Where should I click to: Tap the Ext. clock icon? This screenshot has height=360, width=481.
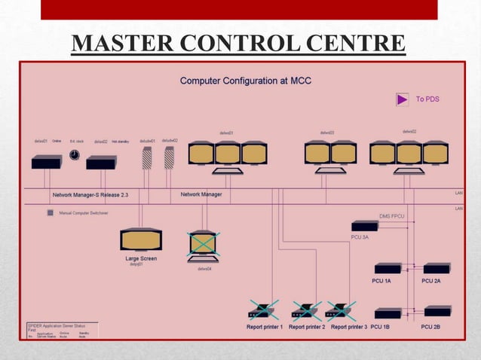point(74,154)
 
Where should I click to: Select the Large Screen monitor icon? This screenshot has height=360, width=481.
point(141,239)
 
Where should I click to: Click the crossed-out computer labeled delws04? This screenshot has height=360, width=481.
point(202,245)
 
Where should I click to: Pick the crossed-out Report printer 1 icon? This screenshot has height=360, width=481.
point(263,310)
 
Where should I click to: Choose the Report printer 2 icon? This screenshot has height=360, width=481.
point(306,310)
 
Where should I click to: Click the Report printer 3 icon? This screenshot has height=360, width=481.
point(341,310)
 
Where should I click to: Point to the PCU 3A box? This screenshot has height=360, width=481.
point(365,225)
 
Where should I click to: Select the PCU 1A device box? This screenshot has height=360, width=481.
point(388,268)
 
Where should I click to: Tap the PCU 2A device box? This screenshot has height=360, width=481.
point(437,268)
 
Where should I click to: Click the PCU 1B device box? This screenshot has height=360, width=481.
point(388,313)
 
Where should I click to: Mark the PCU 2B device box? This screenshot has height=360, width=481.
point(437,311)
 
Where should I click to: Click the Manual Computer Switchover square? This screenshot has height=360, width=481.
point(51,213)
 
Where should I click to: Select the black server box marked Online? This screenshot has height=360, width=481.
point(46,162)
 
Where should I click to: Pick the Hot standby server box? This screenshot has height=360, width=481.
point(101,162)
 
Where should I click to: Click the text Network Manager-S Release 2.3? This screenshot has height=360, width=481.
point(90,194)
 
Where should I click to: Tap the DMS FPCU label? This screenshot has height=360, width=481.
point(392,216)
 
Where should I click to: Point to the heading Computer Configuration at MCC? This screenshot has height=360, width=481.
point(245,81)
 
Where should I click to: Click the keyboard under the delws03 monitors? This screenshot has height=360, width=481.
point(330,171)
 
